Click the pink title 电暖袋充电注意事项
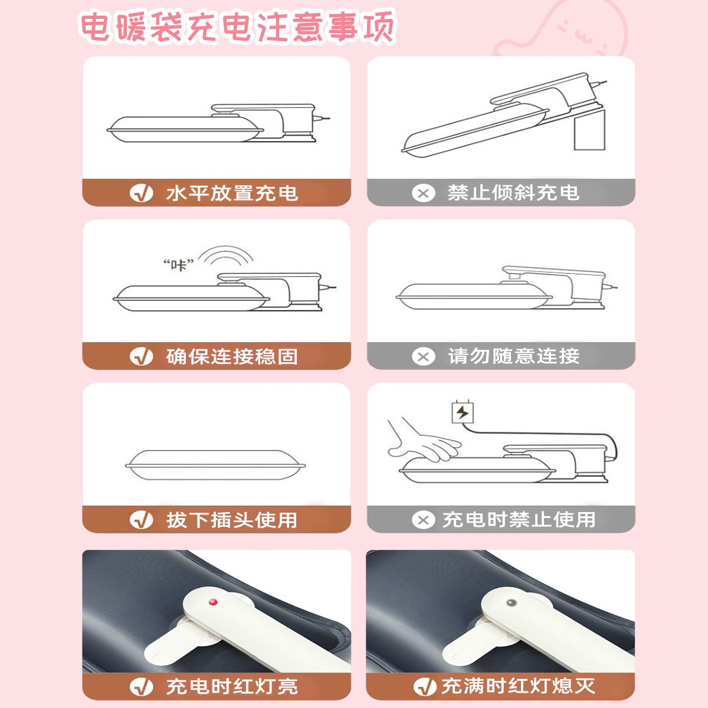tap(237, 27)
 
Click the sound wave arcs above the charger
tap(225, 255)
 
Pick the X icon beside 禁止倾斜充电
tap(423, 194)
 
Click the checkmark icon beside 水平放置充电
tap(142, 194)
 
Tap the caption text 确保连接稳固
tap(232, 356)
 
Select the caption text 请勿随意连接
tap(514, 356)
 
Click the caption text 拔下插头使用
tap(232, 520)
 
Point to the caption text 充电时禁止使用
tap(519, 520)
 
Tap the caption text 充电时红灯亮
tap(232, 687)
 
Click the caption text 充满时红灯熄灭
tap(519, 686)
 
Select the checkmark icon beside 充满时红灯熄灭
tap(425, 687)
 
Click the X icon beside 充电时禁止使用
tap(423, 520)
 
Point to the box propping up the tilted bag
tap(589, 129)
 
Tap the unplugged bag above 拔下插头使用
tap(215, 465)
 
